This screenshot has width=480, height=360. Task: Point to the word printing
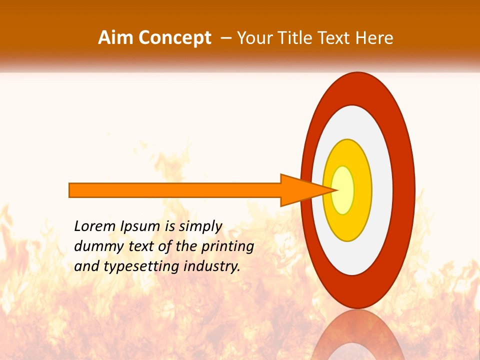pos(227,247)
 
